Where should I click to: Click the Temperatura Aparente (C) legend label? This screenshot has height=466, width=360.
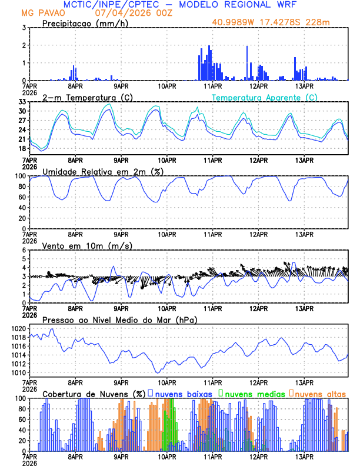(265, 97)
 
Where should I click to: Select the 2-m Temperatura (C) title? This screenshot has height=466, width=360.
(84, 97)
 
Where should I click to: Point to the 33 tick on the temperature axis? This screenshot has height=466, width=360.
(22, 102)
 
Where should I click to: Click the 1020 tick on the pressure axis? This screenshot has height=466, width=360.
(19, 328)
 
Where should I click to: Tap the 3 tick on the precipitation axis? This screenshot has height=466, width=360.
(24, 28)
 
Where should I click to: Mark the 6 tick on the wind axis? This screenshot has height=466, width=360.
(24, 250)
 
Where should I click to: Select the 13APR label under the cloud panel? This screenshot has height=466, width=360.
(304, 456)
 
